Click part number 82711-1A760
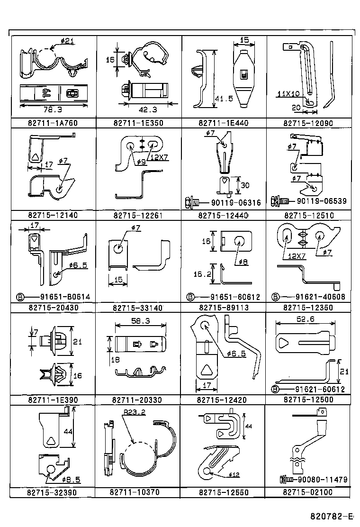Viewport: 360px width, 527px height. pos(53,123)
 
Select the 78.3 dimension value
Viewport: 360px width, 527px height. pos(53,109)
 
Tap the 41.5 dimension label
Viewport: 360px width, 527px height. pos(224,99)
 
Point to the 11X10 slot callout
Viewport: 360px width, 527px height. pos(288,94)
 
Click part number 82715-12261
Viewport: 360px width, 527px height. pos(138,216)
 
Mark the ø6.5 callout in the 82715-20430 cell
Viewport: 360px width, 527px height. pos(78,265)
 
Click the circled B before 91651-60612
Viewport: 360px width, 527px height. pos(190,297)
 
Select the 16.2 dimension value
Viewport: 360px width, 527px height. pos(202,274)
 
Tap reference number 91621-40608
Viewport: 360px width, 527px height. pos(320,297)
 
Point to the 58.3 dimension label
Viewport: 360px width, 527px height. pos(140,321)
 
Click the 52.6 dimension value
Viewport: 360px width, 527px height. pos(305,319)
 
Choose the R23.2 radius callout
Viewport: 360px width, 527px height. pos(134,412)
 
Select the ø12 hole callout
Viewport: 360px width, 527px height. pos(234,474)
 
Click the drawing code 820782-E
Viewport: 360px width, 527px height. pos(332,516)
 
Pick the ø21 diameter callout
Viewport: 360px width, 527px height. pos(67,41)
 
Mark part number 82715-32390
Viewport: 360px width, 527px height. pos(52,493)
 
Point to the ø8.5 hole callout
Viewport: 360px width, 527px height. pos(71,480)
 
